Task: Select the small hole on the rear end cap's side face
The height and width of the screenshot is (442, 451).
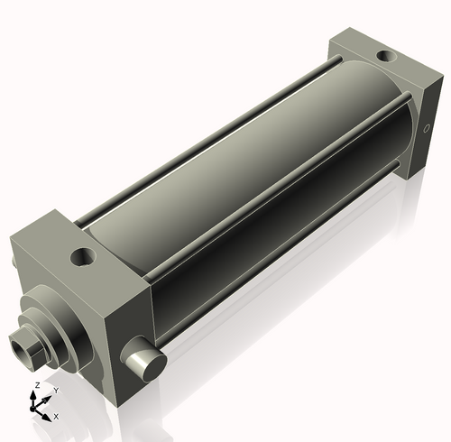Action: [x=427, y=129]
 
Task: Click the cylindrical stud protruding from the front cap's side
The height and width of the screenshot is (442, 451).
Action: [x=146, y=363]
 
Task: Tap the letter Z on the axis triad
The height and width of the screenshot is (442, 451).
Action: [x=36, y=386]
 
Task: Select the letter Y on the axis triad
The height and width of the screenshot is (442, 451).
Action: [x=55, y=391]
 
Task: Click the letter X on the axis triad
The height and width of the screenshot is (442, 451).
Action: [x=56, y=416]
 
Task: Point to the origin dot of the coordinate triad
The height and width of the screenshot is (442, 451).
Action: [x=39, y=408]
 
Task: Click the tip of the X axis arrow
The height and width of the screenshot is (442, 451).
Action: [x=50, y=417]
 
